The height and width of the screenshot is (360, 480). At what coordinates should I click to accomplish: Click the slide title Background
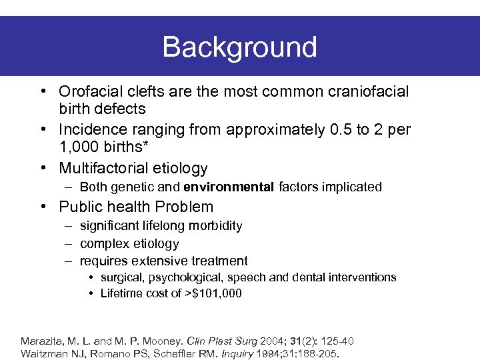click(x=239, y=47)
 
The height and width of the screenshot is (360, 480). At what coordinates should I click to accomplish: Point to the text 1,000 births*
click(x=102, y=149)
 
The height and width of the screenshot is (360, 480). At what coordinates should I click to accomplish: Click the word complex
click(x=103, y=243)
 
